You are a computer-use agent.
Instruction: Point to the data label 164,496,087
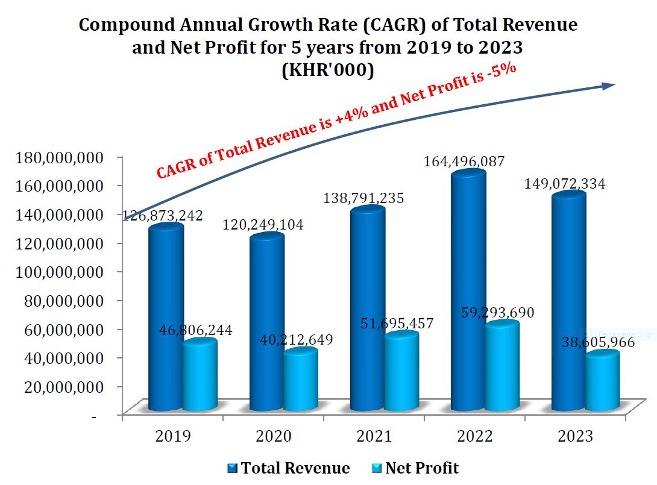464,161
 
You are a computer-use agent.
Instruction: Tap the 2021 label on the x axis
374,436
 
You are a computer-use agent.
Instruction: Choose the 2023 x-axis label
576,436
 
